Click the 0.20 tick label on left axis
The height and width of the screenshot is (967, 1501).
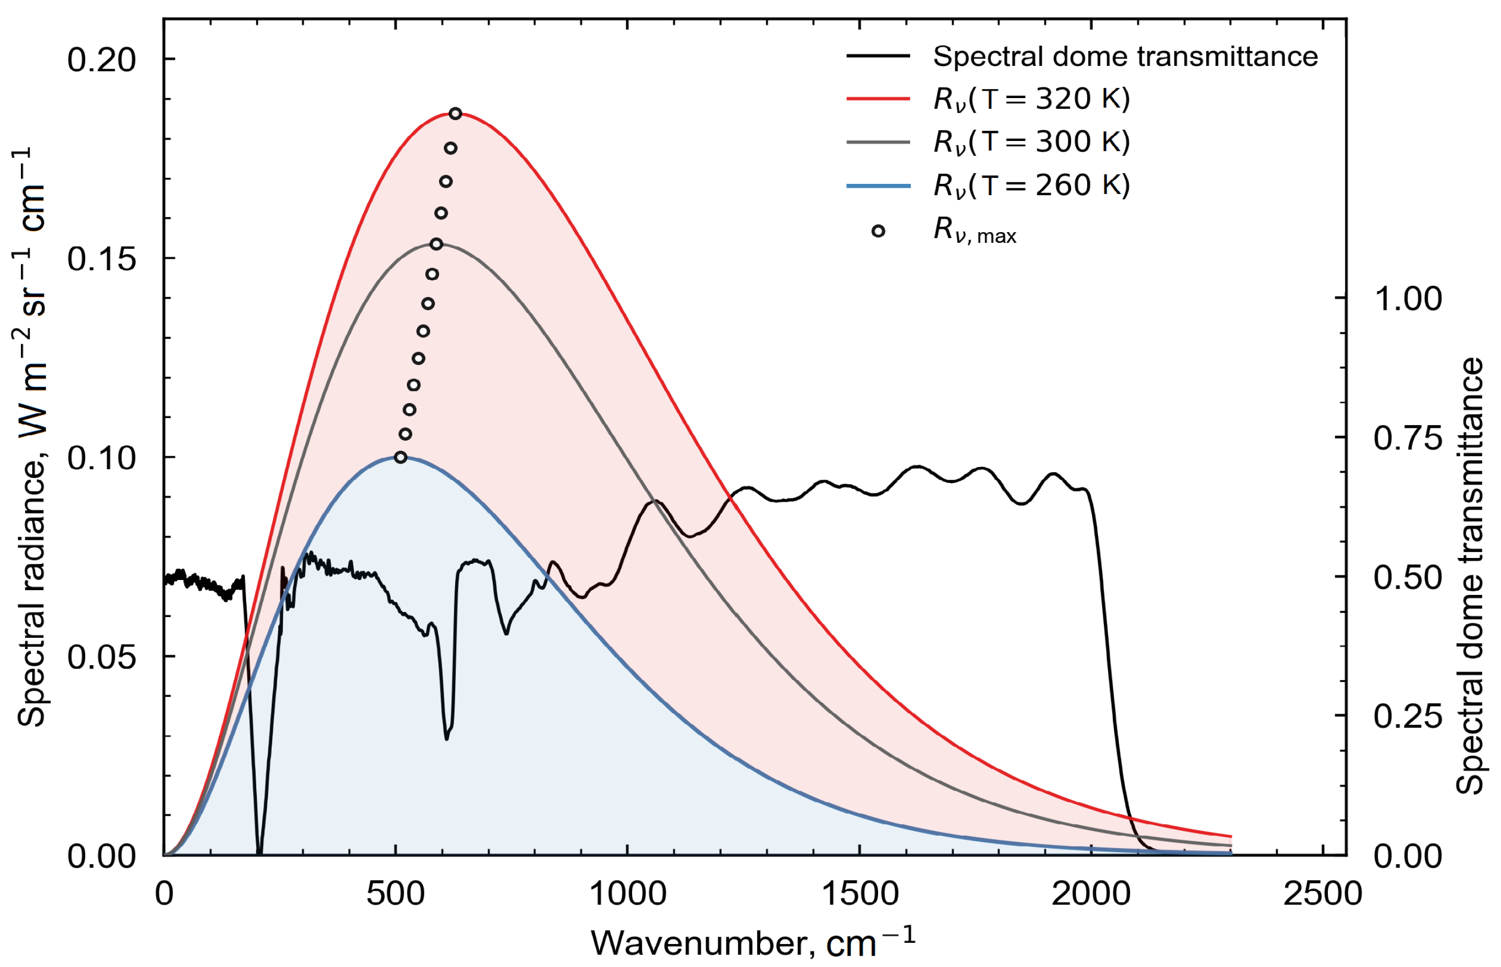pyautogui.click(x=101, y=60)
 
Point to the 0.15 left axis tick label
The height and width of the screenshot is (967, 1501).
pyautogui.click(x=101, y=259)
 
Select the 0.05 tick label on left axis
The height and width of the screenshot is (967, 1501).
pyautogui.click(x=101, y=657)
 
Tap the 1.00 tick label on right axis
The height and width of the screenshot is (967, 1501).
pyautogui.click(x=1408, y=299)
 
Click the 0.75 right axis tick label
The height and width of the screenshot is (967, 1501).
pyautogui.click(x=1408, y=437)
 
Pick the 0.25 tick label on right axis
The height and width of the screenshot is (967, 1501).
pyautogui.click(x=1408, y=716)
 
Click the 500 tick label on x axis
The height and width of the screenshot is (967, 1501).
pyautogui.click(x=396, y=893)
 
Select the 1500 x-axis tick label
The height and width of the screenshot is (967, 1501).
pyautogui.click(x=859, y=893)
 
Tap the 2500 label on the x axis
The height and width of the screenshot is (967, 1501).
pyautogui.click(x=1322, y=893)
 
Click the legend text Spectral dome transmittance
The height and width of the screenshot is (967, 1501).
pyautogui.click(x=1125, y=56)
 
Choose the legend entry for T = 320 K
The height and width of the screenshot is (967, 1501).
pyautogui.click(x=1031, y=99)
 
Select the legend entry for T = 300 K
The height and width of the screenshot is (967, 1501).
pyautogui.click(x=1031, y=142)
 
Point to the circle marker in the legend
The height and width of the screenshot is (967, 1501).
pyautogui.click(x=878, y=231)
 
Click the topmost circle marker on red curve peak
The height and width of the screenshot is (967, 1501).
pyautogui.click(x=455, y=114)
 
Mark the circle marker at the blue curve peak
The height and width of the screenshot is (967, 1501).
pyautogui.click(x=400, y=457)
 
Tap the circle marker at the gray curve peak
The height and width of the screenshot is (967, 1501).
pyautogui.click(x=436, y=244)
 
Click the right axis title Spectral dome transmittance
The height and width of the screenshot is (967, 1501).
pyautogui.click(x=1469, y=576)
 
